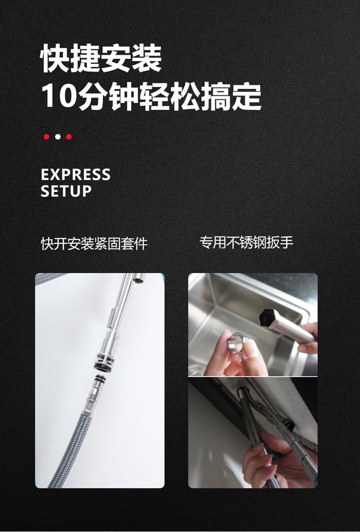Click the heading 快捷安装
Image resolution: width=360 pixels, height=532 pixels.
101,58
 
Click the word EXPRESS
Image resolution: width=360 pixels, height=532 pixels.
76,175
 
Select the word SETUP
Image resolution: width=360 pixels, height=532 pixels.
66,191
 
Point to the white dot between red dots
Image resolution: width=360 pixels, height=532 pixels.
58,137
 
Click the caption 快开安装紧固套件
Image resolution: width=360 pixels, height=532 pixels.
94,243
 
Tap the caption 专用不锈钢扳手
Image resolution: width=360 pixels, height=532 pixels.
247,242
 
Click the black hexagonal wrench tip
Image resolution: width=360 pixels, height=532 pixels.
267,317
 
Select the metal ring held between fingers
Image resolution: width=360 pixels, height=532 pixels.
236,344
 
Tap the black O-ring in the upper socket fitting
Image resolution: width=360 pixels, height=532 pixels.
103,367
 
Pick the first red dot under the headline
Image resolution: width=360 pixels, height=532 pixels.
46,137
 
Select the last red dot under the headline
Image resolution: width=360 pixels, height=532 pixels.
69,137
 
